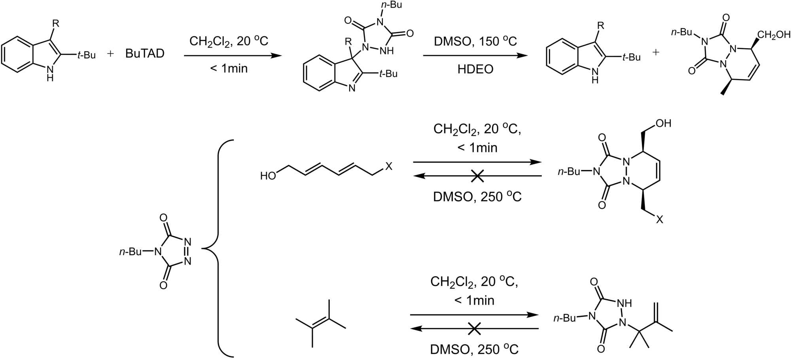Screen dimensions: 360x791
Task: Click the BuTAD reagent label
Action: click(x=145, y=54)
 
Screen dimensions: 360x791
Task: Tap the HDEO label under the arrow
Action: click(x=475, y=69)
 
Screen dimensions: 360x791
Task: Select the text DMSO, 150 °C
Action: click(x=475, y=41)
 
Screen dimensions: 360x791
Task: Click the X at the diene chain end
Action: click(x=389, y=166)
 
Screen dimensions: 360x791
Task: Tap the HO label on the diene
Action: click(x=268, y=176)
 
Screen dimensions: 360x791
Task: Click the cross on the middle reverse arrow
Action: click(x=477, y=176)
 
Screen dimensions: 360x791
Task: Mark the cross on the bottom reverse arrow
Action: click(x=474, y=328)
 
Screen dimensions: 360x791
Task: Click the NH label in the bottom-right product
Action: click(x=624, y=303)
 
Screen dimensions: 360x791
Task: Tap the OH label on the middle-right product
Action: click(x=663, y=123)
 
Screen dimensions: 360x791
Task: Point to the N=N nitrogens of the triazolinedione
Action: click(x=187, y=251)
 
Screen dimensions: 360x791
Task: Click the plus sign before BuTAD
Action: click(x=110, y=54)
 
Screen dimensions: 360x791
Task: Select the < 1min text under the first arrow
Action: click(x=229, y=68)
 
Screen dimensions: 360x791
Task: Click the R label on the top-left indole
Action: click(x=56, y=23)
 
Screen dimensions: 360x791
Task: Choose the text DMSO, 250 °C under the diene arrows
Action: click(x=477, y=197)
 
